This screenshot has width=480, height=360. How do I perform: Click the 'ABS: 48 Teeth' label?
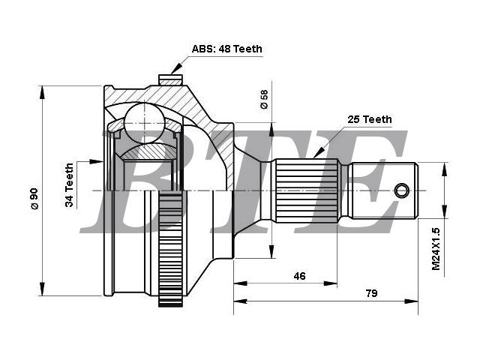coord(226,49)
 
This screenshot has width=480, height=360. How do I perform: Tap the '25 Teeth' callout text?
coord(370,119)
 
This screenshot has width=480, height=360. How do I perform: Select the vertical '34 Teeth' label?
coord(70,185)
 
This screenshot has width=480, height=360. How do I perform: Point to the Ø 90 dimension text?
coord(34,199)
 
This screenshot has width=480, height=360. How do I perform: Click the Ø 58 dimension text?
coord(264,99)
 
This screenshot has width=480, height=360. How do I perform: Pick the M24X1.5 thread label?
coord(436,249)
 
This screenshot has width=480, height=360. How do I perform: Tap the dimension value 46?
coord(299,276)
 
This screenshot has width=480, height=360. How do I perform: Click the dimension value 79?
coord(372,293)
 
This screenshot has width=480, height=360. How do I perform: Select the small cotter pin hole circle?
coord(402,190)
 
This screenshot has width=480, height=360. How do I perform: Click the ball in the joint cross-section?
coord(144,123)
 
